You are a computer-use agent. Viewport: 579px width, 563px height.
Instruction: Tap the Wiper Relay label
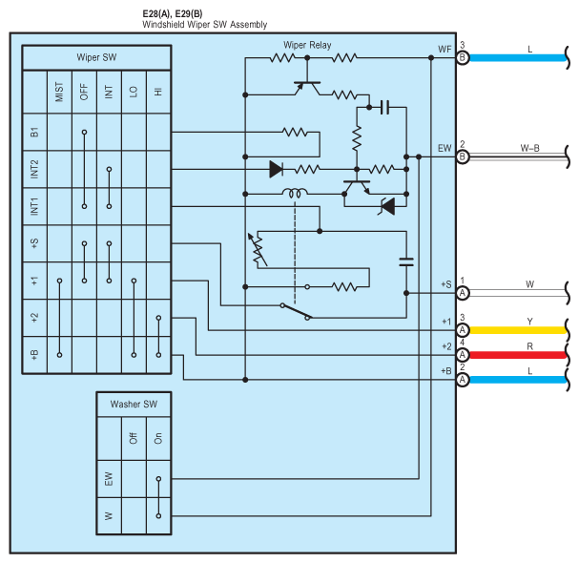coord(308,45)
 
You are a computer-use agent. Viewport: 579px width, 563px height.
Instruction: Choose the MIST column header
coord(59,94)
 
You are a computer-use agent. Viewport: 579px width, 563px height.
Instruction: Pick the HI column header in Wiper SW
coord(158,94)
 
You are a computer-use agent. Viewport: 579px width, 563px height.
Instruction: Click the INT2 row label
coord(34,169)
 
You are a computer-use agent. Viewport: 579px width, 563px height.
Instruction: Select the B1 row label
coord(34,133)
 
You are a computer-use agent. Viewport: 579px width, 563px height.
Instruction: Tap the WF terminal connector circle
coord(463,57)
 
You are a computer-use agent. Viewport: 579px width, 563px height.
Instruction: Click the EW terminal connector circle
coord(463,156)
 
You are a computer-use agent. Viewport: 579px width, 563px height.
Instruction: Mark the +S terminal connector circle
coord(463,292)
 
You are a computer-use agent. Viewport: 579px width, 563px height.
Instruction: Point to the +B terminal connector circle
coord(463,379)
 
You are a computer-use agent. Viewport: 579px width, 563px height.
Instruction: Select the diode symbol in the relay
coord(277,170)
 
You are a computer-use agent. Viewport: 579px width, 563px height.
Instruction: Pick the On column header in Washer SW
coord(158,438)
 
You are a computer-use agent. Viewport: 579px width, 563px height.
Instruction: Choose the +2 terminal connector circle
coord(463,354)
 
